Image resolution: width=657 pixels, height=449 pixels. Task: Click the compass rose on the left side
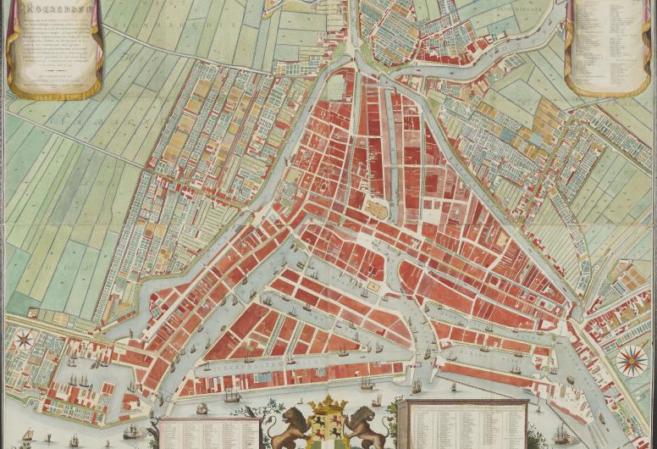(24, 341)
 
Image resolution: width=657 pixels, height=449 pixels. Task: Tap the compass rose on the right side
(631, 362)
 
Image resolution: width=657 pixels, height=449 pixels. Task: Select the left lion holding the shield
(289, 425)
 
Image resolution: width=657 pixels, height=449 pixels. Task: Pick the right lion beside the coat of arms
(367, 427)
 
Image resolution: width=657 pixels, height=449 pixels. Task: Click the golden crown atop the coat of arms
(328, 402)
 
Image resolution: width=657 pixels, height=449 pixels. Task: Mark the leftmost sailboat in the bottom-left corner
(27, 435)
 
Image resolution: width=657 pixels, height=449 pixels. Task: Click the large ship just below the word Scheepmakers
(230, 396)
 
